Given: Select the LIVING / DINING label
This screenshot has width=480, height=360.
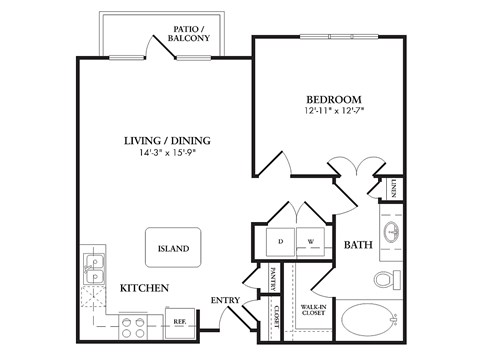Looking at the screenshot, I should pyautogui.click(x=166, y=140).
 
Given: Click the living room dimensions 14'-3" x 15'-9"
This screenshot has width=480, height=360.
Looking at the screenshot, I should pyautogui.click(x=166, y=153).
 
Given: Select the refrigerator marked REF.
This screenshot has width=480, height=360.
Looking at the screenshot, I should pyautogui.click(x=180, y=323).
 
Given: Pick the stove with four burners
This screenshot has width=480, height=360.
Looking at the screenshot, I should pyautogui.click(x=134, y=322).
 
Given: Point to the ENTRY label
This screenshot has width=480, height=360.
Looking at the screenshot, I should pyautogui.click(x=224, y=300).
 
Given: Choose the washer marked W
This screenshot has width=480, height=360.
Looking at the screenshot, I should pyautogui.click(x=310, y=241).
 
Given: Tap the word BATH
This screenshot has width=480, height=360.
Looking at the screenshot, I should pyautogui.click(x=358, y=245).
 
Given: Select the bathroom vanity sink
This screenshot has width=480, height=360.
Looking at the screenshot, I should pyautogui.click(x=391, y=234).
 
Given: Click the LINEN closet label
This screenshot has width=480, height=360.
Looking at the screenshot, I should pyautogui.click(x=394, y=187).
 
